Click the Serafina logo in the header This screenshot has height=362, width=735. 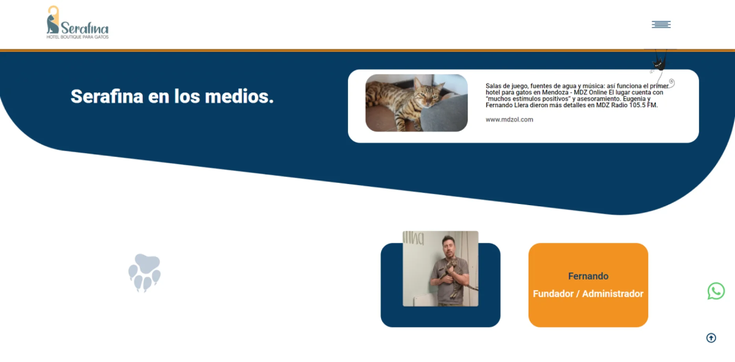tap(77, 22)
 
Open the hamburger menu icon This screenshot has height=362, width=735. tap(661, 24)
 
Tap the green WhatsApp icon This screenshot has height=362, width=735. tap(716, 291)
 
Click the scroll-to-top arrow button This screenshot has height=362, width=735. tap(711, 338)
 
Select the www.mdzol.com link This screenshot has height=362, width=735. tap(509, 119)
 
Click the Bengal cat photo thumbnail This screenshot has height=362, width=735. tap(416, 103)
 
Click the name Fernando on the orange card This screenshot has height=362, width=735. tap(588, 276)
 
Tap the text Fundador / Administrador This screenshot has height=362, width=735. tap(588, 294)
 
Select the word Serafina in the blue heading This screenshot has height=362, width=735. tap(107, 96)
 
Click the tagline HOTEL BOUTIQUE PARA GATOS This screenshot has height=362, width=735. tap(77, 37)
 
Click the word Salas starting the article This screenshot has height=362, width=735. tap(493, 86)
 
